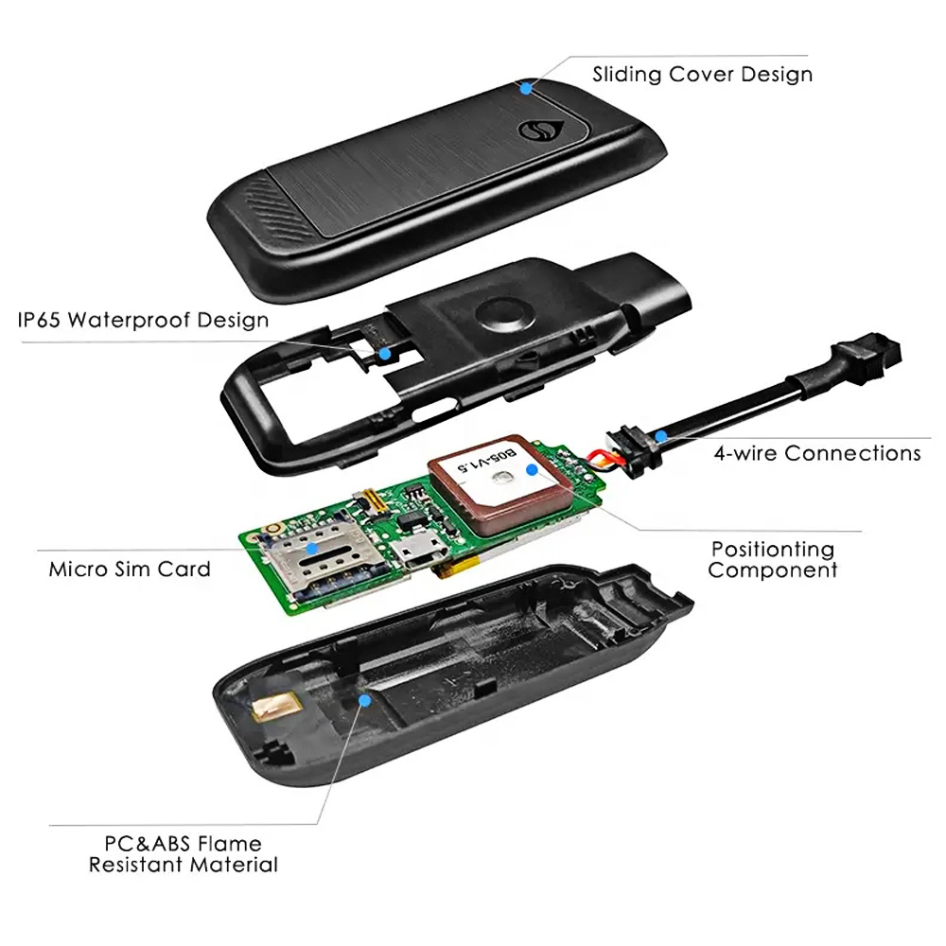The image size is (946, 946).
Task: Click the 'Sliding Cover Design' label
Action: point(702,75)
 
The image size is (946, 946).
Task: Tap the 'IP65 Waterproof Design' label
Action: point(143,320)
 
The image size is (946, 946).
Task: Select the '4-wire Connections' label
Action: point(817,453)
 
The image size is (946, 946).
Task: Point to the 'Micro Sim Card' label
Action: point(130,569)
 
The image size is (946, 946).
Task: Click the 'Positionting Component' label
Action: point(773,559)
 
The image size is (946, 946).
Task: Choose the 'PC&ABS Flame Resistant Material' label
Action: point(184,853)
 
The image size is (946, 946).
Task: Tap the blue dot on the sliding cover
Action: point(526,88)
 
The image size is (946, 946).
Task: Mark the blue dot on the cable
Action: point(662,435)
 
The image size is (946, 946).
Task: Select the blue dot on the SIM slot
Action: point(312,549)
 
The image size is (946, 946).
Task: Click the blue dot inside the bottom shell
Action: point(364,700)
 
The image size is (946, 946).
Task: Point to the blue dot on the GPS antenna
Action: point(532,469)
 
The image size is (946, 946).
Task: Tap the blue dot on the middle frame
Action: point(384,353)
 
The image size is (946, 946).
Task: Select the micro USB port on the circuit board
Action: point(419,554)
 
